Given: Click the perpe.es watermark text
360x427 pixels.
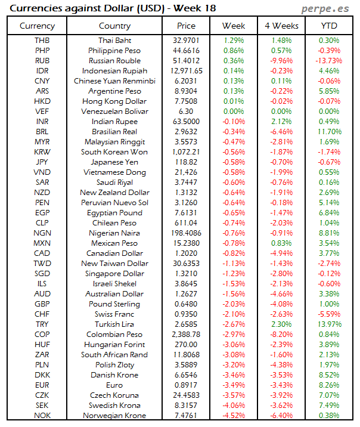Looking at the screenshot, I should (x=326, y=8).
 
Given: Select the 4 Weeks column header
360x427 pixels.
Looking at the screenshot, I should (x=281, y=26).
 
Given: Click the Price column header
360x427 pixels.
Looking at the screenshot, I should (x=186, y=26).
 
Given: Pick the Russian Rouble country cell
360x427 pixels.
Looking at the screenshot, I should (x=114, y=61).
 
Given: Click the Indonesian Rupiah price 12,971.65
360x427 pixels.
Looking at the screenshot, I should (x=186, y=71).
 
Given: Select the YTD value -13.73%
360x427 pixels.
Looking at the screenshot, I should (x=329, y=61).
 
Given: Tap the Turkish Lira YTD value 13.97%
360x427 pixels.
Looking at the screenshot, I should (x=329, y=324).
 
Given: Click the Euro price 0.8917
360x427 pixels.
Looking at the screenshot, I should (x=186, y=385).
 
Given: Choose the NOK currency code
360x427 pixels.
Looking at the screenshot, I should (x=42, y=416).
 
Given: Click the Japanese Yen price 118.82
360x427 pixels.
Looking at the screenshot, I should (x=186, y=162).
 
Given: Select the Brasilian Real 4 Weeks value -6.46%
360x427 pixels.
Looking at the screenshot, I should (x=281, y=132).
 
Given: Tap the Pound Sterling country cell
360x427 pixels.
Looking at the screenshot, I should (x=114, y=304).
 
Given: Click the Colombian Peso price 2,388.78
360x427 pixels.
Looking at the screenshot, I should (x=186, y=335).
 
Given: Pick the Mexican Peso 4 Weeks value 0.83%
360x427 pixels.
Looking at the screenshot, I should (x=281, y=243).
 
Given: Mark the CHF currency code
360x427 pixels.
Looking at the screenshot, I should (x=42, y=314).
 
